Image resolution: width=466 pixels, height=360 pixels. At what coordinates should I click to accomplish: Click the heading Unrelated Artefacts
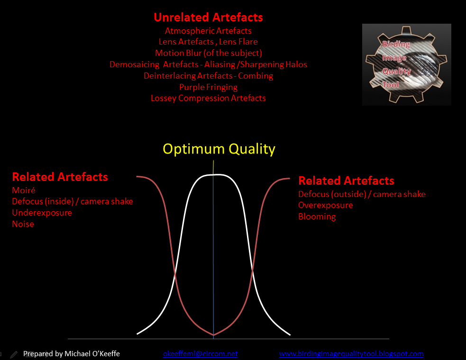tap(208, 17)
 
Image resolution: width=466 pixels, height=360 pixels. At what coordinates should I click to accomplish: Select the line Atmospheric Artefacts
tap(208, 31)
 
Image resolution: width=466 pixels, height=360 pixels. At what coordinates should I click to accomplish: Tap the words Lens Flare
tap(238, 42)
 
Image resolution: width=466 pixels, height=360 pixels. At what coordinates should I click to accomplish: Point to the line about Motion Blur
tap(208, 53)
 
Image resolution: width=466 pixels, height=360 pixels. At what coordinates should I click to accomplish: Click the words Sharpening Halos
tap(274, 64)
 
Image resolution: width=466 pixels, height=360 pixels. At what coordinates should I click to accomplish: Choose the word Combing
tap(256, 76)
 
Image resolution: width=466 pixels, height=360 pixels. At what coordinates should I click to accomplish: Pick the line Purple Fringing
tap(208, 87)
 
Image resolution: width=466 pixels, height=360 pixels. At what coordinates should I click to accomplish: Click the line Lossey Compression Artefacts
tap(208, 98)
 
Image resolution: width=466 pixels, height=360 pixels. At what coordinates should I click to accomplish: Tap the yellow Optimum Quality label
tap(219, 149)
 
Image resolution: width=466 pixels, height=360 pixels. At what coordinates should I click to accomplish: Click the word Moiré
tap(24, 190)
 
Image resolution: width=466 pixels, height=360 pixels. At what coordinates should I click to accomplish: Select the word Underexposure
tap(42, 213)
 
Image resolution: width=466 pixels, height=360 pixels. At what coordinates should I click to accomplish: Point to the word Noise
tap(23, 224)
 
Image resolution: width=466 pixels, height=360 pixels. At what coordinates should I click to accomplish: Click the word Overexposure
tap(325, 205)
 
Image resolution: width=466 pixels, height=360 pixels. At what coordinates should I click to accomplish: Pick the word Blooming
tap(317, 216)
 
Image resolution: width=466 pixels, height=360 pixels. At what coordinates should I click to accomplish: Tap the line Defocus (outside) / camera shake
tap(362, 194)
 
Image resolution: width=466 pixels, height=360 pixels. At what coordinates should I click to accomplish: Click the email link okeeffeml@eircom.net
tap(201, 354)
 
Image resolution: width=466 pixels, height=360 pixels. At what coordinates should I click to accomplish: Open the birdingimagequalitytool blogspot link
tap(351, 354)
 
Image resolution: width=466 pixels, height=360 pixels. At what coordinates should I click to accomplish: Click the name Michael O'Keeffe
tap(92, 354)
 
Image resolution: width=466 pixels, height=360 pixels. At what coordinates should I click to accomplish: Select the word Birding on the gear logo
tap(396, 44)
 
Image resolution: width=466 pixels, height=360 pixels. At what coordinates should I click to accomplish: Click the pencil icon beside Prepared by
tap(14, 354)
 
